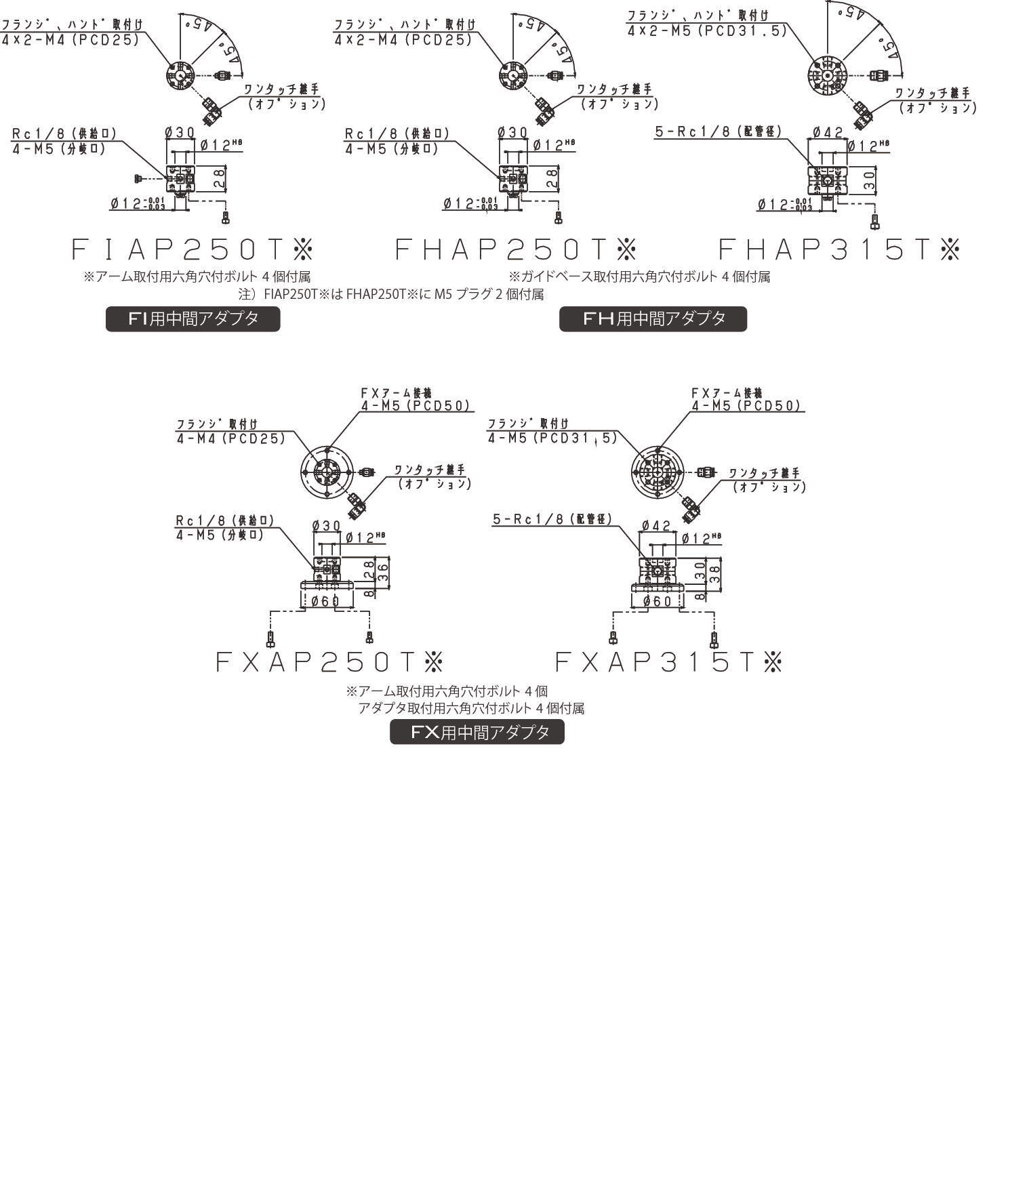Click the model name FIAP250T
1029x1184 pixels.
point(192,250)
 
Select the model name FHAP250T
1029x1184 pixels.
point(515,250)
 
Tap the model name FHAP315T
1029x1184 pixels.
point(839,250)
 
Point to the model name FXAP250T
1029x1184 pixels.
point(329,661)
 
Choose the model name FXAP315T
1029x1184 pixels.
point(668,661)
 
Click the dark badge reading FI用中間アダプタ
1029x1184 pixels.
point(193,319)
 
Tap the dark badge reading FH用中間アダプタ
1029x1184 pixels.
point(653,319)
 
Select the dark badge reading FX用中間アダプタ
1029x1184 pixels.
point(477,732)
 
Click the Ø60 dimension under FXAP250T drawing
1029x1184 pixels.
point(325,601)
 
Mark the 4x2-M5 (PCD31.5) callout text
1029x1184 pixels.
point(706,31)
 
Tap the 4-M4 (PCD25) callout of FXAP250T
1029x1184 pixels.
point(230,438)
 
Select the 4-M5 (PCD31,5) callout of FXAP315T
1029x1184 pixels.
point(552,438)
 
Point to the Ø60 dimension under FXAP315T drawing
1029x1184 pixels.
point(657,601)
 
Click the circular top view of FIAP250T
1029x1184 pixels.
point(181,75)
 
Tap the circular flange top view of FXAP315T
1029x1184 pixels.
point(657,471)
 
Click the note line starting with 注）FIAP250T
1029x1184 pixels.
point(391,294)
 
